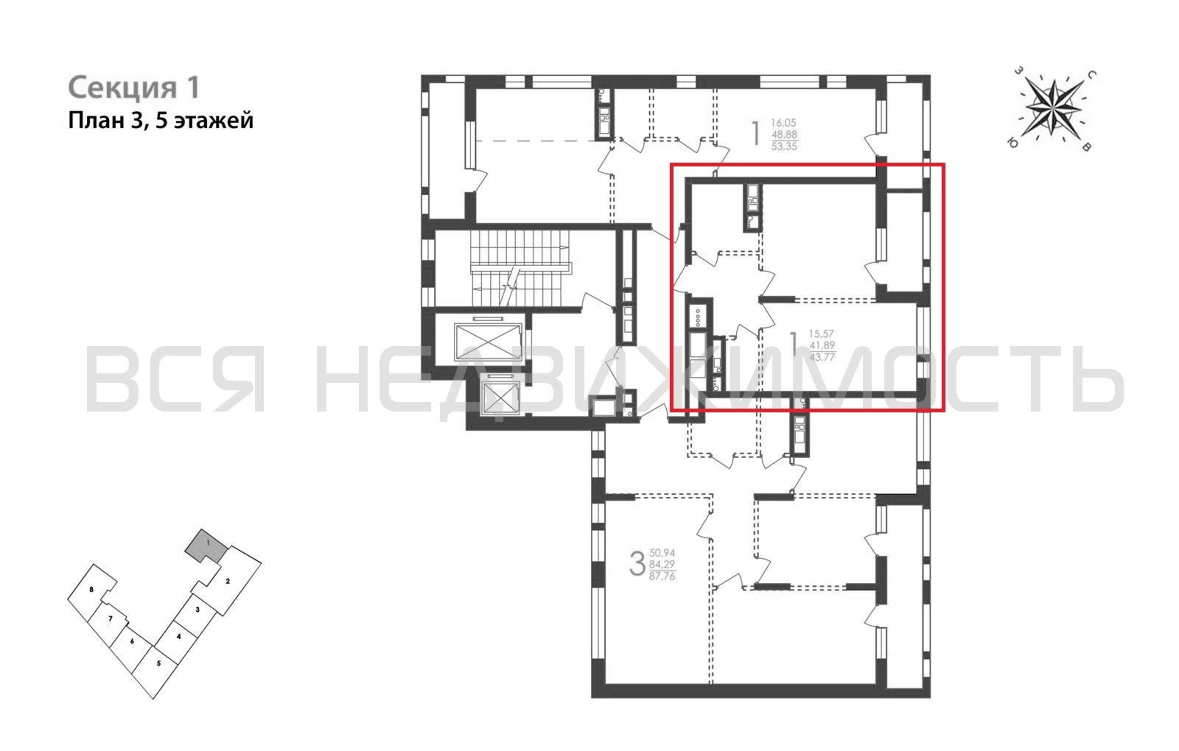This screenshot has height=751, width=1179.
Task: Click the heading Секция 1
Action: tap(134, 88)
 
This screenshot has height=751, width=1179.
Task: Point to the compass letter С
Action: tap(1091, 75)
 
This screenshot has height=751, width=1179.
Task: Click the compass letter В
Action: tap(1085, 146)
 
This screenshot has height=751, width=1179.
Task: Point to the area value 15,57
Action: tap(821, 334)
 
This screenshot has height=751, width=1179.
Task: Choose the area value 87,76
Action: tap(662, 576)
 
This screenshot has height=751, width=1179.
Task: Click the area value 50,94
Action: tap(662, 553)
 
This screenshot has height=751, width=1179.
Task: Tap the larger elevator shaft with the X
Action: tap(488, 341)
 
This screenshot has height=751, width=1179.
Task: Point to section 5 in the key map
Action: tap(158, 664)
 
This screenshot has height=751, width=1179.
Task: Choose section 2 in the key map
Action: tap(228, 581)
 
